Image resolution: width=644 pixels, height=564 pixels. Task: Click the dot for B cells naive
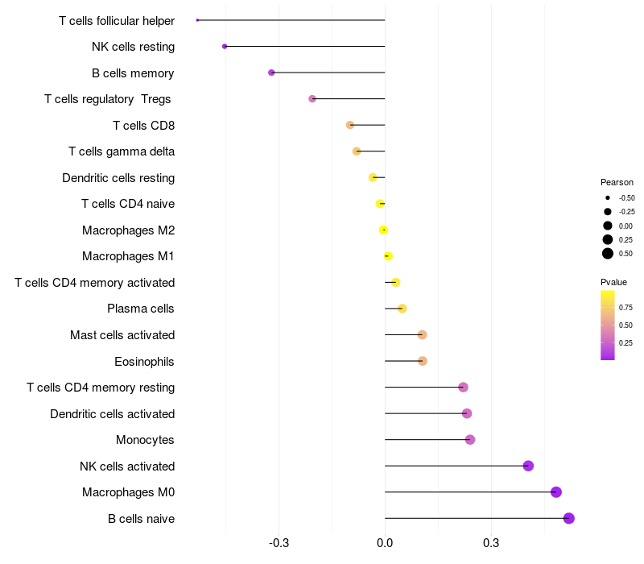coord(569,518)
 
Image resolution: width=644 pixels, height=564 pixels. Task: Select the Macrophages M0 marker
coord(555,492)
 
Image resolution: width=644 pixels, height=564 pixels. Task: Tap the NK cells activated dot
coord(528,466)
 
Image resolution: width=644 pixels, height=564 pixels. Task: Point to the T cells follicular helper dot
coord(197,20)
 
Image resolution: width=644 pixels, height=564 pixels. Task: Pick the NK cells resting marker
coord(225,47)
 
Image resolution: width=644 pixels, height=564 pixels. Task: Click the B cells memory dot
coord(271,73)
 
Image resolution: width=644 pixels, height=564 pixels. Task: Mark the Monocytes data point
coord(470,440)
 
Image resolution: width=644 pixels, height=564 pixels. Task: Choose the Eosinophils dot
coord(423,361)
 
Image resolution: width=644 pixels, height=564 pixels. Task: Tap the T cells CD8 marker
coord(350,125)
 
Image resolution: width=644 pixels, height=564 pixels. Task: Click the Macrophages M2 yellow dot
coord(384,230)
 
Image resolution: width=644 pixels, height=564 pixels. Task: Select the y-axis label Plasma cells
coord(140,309)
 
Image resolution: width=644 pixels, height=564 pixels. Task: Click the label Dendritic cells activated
coord(112,414)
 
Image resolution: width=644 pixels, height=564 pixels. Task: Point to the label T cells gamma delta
coord(122,151)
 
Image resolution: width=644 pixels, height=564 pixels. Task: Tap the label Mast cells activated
coord(122,335)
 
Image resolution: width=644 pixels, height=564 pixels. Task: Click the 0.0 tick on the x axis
coord(385,543)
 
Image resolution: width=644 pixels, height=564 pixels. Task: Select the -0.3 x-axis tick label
coord(278,543)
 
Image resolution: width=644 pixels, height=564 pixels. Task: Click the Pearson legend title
coord(617,182)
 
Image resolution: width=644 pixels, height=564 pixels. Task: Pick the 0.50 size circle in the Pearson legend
coord(608,254)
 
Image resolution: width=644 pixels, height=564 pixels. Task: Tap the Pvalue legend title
coord(613,282)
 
